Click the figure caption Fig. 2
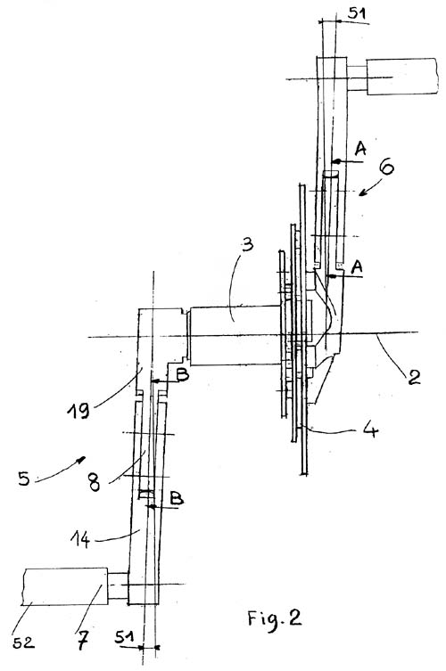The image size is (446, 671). click(x=274, y=618)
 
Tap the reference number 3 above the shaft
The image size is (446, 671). click(x=248, y=245)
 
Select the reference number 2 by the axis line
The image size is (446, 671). click(x=413, y=377)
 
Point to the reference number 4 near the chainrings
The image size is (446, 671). click(x=370, y=429)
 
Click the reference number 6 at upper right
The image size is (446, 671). click(x=386, y=167)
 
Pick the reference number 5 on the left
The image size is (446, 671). click(x=24, y=478)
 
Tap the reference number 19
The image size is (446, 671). click(x=78, y=411)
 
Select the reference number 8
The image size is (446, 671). click(x=94, y=482)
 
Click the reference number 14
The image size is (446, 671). click(x=80, y=540)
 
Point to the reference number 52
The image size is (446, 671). click(x=23, y=642)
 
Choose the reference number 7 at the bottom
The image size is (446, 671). click(x=83, y=641)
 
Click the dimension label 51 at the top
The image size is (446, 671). click(x=357, y=13)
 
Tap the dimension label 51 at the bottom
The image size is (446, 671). click(x=124, y=638)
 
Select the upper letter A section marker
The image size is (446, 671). click(x=360, y=149)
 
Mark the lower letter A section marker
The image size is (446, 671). click(x=357, y=267)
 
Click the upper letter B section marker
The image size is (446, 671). click(x=183, y=375)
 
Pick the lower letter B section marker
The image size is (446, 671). click(x=177, y=498)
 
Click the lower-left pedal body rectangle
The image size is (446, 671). click(x=65, y=586)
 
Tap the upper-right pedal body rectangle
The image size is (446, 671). click(x=402, y=76)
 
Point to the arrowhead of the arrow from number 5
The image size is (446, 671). click(x=81, y=459)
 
